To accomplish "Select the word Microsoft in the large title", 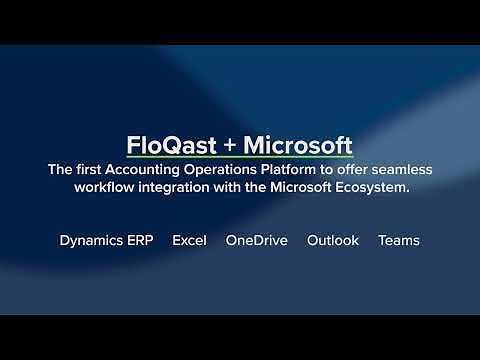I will (297, 143).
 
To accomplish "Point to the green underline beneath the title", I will (240, 158).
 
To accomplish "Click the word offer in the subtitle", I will (367, 170).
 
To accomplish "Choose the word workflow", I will (107, 189).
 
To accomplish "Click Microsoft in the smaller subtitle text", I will (310, 189).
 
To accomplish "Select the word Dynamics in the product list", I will (93, 241).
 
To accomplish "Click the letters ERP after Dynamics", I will (145, 241).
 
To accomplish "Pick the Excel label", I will (189, 241).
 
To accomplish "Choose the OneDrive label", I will (256, 241).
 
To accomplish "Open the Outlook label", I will (332, 241).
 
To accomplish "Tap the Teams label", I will (399, 241).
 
